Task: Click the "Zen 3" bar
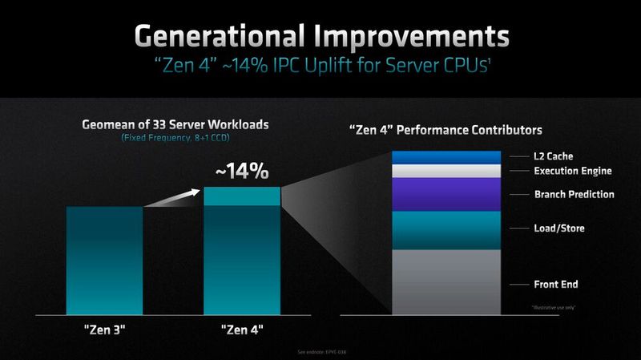[x=104, y=261]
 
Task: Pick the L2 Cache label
[x=554, y=156]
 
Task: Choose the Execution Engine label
[x=573, y=171]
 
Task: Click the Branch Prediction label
[x=574, y=194]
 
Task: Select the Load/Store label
[x=559, y=229]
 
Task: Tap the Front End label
[x=556, y=285]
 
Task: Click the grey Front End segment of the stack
[x=446, y=281]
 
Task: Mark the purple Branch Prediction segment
[x=446, y=195]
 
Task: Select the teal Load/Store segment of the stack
[x=446, y=230]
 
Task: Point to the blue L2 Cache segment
[x=446, y=157]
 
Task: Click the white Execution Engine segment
[x=446, y=171]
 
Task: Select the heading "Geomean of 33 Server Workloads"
[x=174, y=125]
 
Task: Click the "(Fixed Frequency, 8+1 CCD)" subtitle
[x=174, y=139]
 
